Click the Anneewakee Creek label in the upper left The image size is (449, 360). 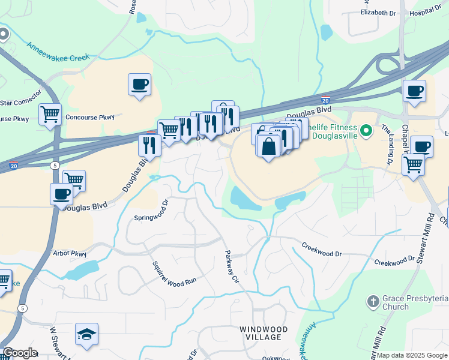(x=58, y=51)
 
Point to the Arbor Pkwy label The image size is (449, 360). (x=70, y=253)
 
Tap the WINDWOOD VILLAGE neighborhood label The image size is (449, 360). (x=264, y=333)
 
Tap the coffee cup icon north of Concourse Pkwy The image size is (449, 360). (x=139, y=85)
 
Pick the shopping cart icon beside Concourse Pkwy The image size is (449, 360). (x=50, y=113)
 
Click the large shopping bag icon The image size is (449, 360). (x=268, y=146)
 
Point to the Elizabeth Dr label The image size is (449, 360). (x=379, y=12)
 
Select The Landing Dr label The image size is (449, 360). (x=387, y=145)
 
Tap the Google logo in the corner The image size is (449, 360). (x=20, y=353)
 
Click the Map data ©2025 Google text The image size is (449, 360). (x=412, y=355)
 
